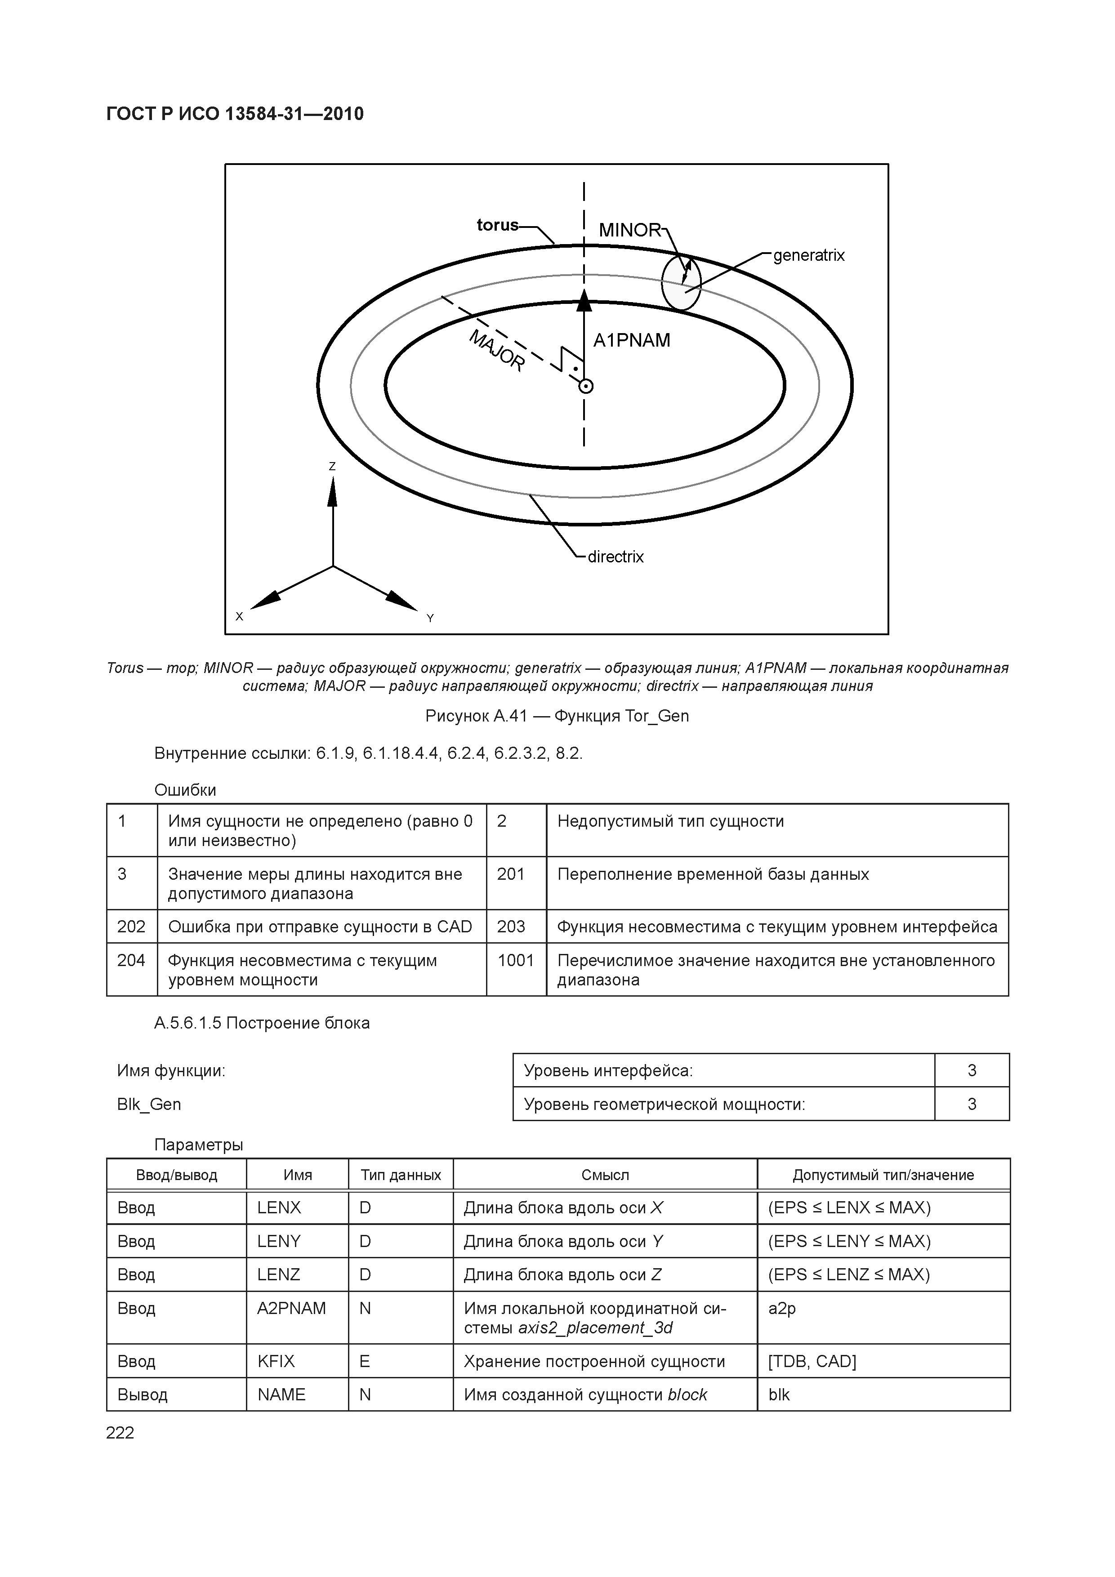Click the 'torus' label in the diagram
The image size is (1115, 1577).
point(497,225)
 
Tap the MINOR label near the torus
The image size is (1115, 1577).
point(629,230)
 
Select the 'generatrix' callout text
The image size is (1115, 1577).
point(808,255)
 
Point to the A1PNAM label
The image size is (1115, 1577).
point(631,341)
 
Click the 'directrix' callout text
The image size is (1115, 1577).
point(615,557)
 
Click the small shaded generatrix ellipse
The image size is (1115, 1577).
point(681,284)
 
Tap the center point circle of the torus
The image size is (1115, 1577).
point(584,387)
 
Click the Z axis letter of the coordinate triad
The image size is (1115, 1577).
point(333,466)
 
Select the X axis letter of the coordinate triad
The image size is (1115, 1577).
point(239,617)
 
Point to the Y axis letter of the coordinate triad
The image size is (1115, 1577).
point(430,618)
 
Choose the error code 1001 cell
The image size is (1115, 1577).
point(515,960)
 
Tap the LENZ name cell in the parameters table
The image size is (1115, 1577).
point(279,1275)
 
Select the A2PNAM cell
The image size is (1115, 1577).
point(291,1309)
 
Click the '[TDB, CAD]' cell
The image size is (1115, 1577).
point(812,1361)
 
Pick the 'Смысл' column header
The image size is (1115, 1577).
point(605,1175)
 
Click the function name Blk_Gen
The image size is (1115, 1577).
point(149,1105)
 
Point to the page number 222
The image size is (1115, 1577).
point(120,1433)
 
